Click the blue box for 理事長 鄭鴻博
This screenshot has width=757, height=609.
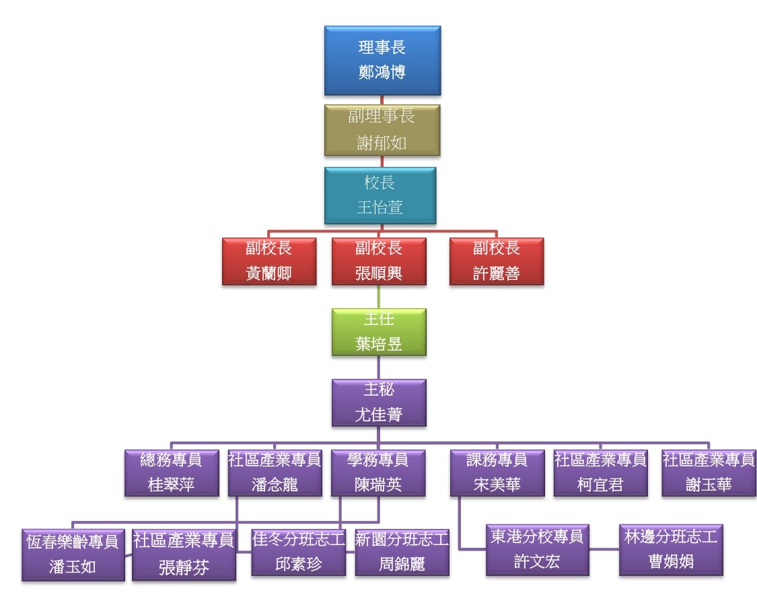coord(382,60)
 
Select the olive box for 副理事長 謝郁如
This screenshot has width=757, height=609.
coord(382,130)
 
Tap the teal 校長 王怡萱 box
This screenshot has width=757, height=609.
coord(380,195)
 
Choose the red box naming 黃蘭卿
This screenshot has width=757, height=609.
coord(268,261)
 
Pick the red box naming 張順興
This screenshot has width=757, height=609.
coord(378,261)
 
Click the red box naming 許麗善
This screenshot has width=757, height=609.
coord(496,261)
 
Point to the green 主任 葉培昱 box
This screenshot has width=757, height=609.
coord(378,332)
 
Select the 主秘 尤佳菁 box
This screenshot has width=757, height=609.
coord(378,402)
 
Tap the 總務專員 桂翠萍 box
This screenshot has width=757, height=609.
coord(172,473)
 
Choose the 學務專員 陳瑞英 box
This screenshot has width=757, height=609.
coord(377,473)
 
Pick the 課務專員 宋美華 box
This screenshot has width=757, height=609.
coord(497,473)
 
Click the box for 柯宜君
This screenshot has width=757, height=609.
coord(600,473)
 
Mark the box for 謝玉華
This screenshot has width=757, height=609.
coord(709,473)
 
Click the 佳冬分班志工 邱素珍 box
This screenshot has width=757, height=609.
coord(299,552)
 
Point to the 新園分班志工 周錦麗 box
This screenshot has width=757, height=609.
coord(402,552)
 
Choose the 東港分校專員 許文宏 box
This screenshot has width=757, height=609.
coord(537,550)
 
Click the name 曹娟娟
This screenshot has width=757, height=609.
coord(671,561)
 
